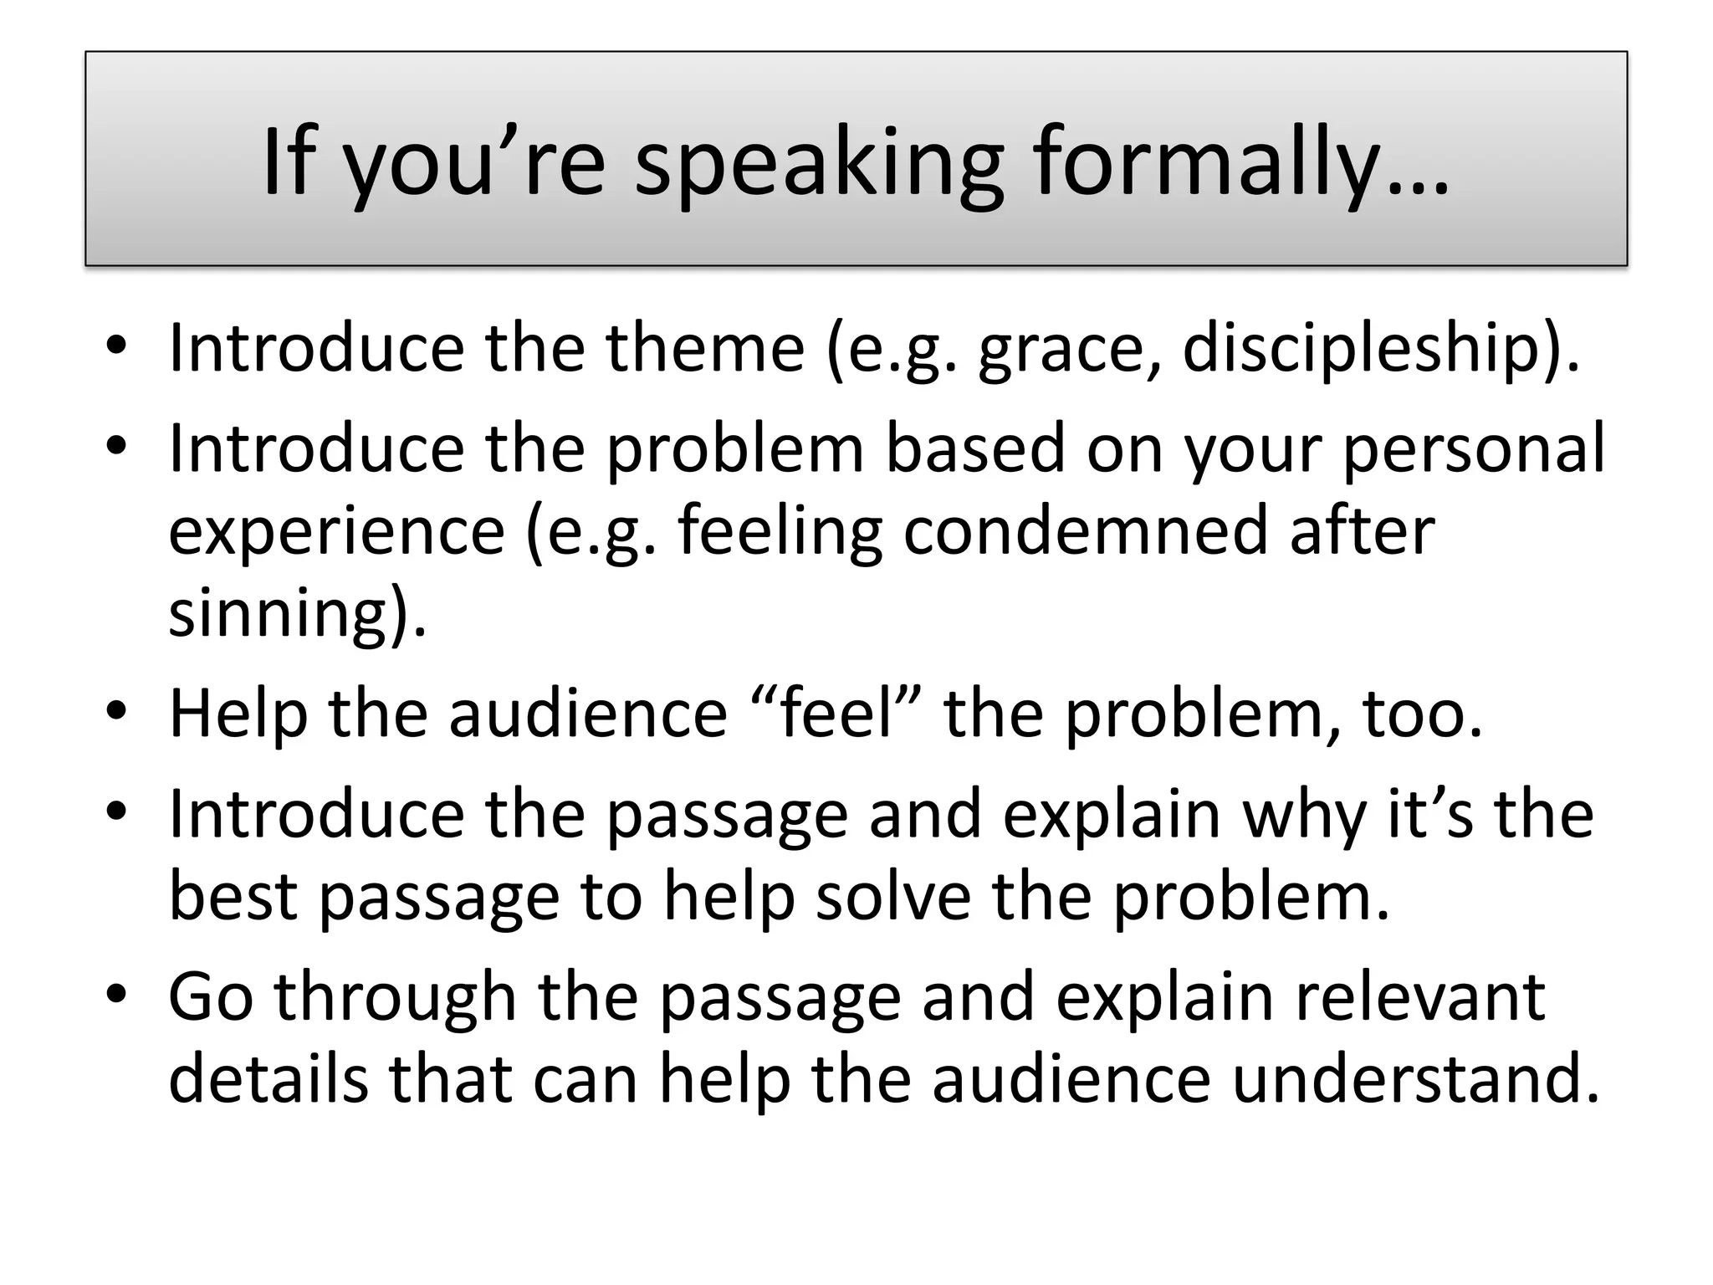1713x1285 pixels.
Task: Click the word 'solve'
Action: (x=893, y=896)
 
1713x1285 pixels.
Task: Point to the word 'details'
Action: (x=268, y=1078)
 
